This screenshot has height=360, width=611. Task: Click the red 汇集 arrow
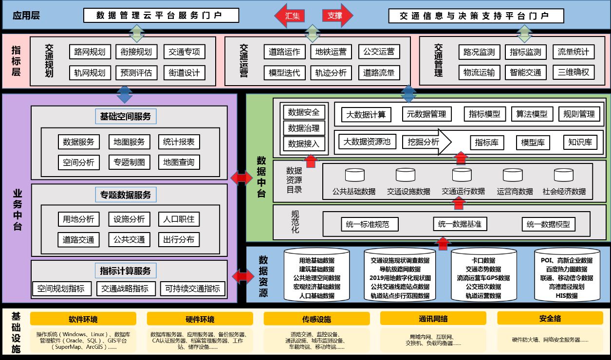(291, 16)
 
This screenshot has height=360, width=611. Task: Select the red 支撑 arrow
(336, 16)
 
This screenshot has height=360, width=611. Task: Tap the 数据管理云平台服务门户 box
(161, 16)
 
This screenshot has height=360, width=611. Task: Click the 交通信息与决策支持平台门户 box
(476, 16)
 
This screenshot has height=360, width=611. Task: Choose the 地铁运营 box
(331, 52)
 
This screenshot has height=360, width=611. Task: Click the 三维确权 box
(574, 72)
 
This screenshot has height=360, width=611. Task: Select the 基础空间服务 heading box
(125, 116)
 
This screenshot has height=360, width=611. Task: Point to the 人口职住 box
(179, 219)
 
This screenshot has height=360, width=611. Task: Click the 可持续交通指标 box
(192, 288)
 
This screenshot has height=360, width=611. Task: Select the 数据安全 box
(304, 112)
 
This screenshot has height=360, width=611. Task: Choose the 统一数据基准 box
(460, 224)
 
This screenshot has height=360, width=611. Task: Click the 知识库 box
(580, 142)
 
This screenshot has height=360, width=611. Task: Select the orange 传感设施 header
(316, 319)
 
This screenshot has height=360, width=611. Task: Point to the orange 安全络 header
(550, 319)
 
